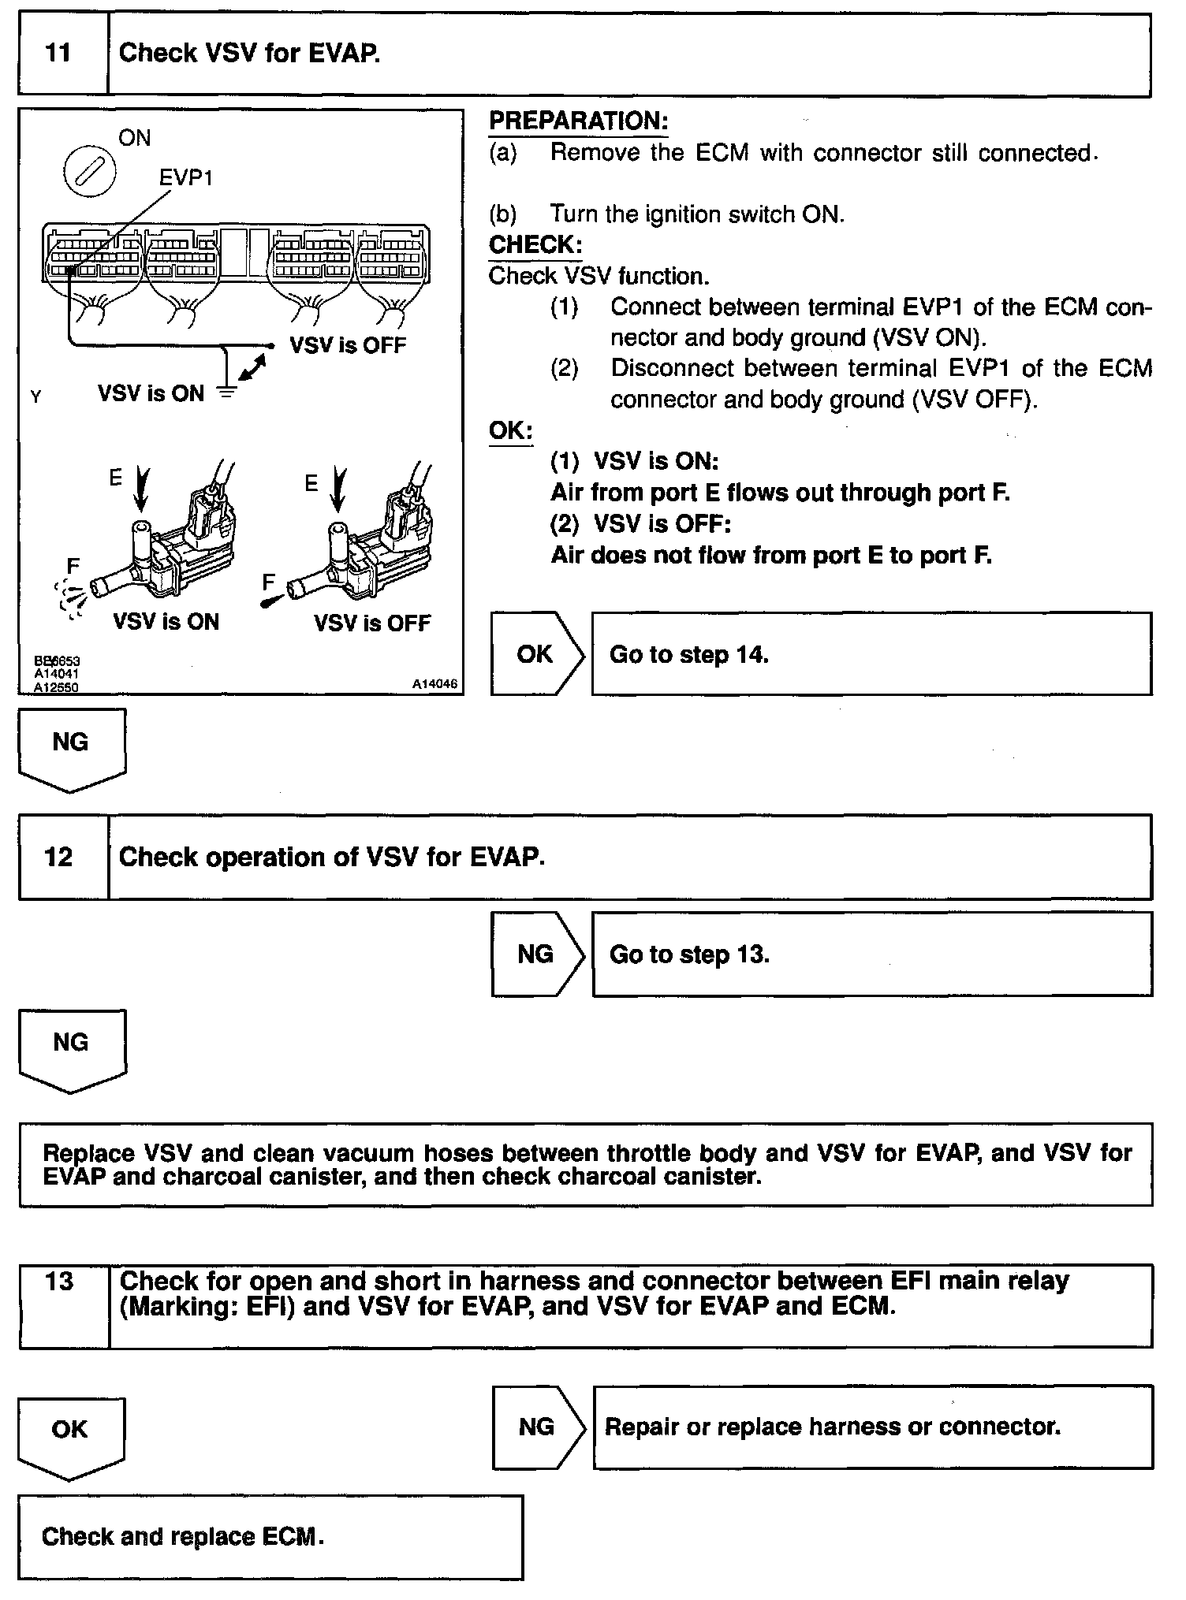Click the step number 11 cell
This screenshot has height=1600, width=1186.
[x=62, y=54]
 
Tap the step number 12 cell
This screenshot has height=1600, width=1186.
[x=62, y=857]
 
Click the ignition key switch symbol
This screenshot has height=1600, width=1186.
[x=89, y=171]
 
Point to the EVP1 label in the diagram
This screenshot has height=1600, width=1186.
[x=186, y=178]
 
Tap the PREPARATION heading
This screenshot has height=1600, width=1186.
[x=578, y=121]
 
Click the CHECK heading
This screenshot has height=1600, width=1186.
[x=535, y=245]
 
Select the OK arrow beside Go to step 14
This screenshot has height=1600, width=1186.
[x=536, y=654]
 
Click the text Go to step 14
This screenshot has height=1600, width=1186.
[x=688, y=654]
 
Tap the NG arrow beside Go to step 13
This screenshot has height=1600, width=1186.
[x=536, y=954]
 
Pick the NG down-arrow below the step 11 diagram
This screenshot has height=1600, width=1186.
[x=71, y=747]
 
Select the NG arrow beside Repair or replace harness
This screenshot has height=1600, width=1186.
[x=538, y=1427]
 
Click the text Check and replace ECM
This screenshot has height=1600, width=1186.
[x=182, y=1536]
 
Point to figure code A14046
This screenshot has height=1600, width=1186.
[x=434, y=684]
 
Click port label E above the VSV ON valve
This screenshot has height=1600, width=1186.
[x=116, y=477]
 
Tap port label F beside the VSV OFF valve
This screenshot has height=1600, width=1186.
[x=269, y=582]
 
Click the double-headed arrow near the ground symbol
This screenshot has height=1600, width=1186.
[x=253, y=368]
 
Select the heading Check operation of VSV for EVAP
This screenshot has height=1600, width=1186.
[x=331, y=857]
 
